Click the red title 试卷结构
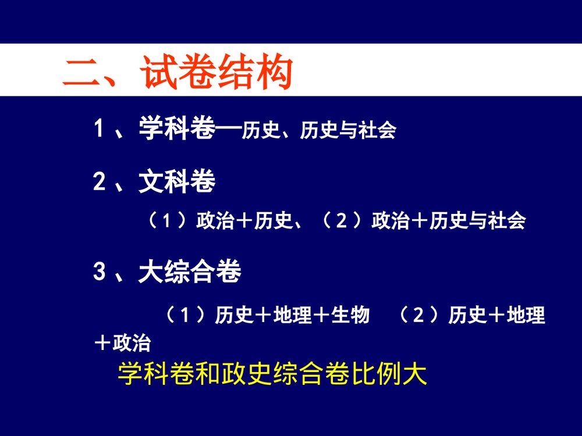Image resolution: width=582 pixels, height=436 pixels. pos(215,74)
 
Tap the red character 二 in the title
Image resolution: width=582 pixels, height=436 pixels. pos(82,74)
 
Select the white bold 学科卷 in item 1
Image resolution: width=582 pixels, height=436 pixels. pos(176,127)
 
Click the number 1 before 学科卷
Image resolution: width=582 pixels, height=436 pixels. pos(100,127)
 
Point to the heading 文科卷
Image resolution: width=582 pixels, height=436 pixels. pos(176,183)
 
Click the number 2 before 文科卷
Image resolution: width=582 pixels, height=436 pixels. pos(100,183)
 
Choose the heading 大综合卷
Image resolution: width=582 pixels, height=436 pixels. pos(189,272)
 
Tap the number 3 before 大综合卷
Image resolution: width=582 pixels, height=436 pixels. pos(100,272)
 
